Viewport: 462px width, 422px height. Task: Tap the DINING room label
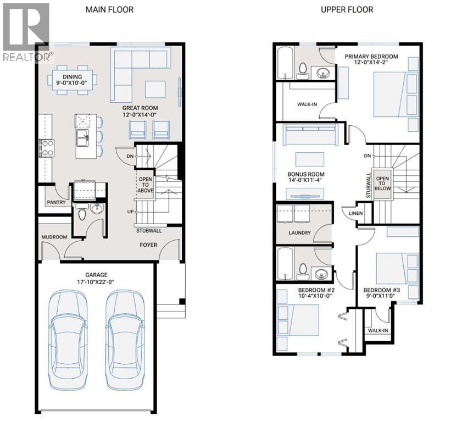pyautogui.click(x=72, y=77)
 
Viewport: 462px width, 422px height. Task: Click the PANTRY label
pyautogui.click(x=56, y=202)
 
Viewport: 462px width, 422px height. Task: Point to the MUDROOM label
pyautogui.click(x=54, y=238)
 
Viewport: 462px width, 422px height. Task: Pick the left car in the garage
pyautogui.click(x=69, y=339)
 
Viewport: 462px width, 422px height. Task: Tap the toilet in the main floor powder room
pyautogui.click(x=83, y=213)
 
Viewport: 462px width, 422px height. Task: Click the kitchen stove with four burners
pyautogui.click(x=46, y=148)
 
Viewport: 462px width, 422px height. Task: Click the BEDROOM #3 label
pyautogui.click(x=383, y=290)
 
